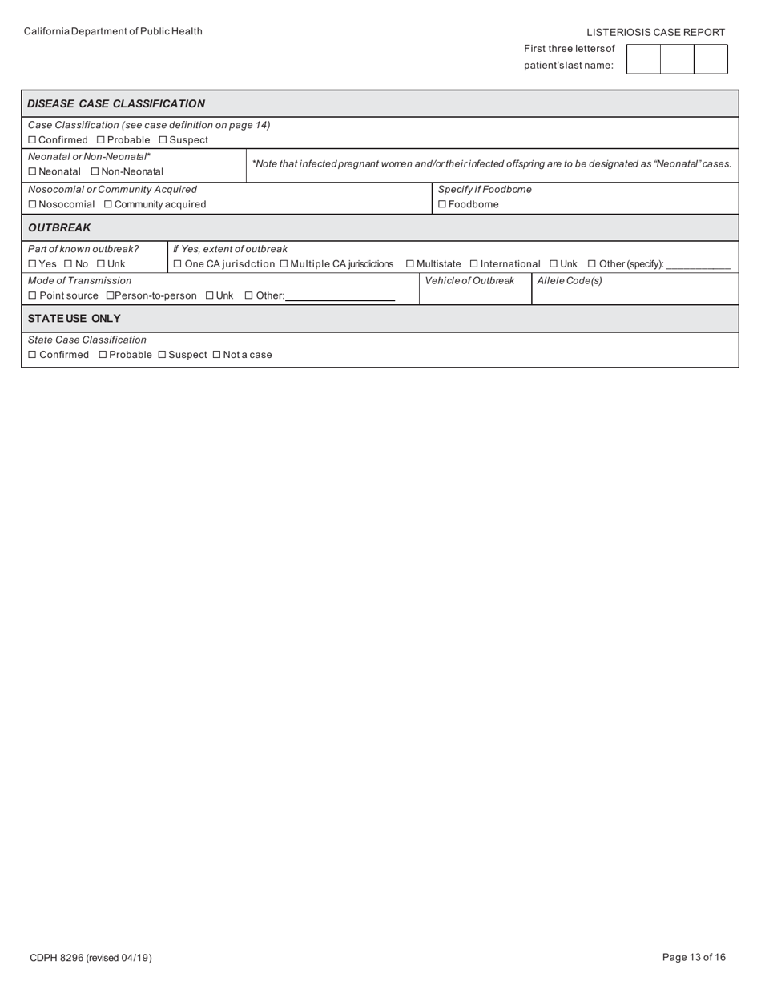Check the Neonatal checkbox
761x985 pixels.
click(32, 171)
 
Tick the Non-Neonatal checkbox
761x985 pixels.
click(95, 171)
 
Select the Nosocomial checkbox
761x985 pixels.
click(32, 204)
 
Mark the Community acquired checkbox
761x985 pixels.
click(108, 204)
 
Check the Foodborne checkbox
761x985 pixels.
click(442, 204)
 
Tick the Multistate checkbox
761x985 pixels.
click(410, 264)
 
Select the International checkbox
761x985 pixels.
click(474, 264)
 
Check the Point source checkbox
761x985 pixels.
click(32, 295)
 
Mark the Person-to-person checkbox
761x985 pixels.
click(110, 295)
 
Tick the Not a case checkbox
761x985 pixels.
click(216, 355)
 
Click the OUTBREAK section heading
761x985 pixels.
click(59, 227)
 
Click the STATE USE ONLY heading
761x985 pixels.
click(74, 318)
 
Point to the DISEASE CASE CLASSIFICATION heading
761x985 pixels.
click(116, 103)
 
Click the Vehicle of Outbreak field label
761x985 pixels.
click(469, 280)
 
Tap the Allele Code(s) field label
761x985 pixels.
click(570, 280)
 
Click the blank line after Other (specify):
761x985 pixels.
click(698, 265)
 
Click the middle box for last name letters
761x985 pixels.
click(677, 59)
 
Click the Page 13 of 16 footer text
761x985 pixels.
click(694, 957)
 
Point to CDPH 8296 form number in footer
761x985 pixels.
click(91, 958)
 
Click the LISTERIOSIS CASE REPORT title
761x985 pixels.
click(655, 32)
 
